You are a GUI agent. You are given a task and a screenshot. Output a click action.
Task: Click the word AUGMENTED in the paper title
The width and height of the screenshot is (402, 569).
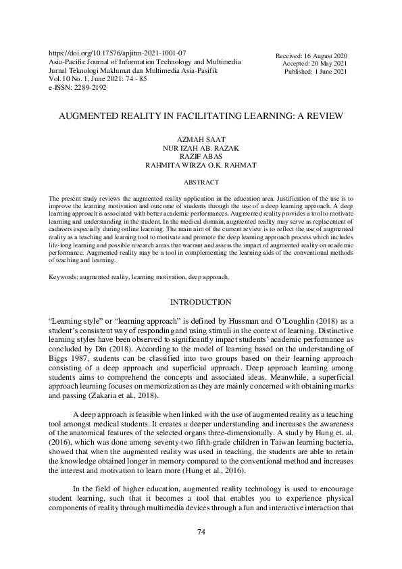pyautogui.click(x=86, y=116)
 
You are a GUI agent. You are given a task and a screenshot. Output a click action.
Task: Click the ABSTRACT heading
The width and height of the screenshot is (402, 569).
pyautogui.click(x=201, y=182)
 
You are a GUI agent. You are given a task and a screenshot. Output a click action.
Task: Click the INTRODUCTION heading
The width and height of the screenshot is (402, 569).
pyautogui.click(x=201, y=320)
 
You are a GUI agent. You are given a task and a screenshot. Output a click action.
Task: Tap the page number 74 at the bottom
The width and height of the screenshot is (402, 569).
pyautogui.click(x=201, y=533)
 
